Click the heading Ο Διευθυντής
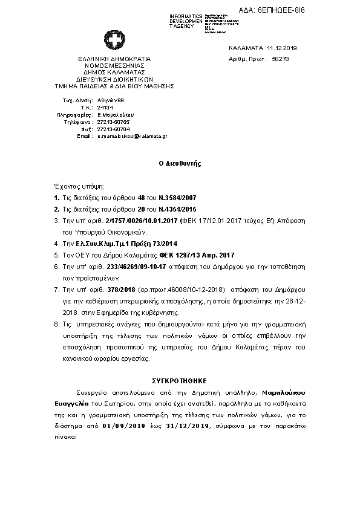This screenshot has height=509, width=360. [180, 163]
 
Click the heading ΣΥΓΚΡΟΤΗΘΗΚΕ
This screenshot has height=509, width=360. [180, 381]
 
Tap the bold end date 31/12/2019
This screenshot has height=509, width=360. [188, 426]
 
